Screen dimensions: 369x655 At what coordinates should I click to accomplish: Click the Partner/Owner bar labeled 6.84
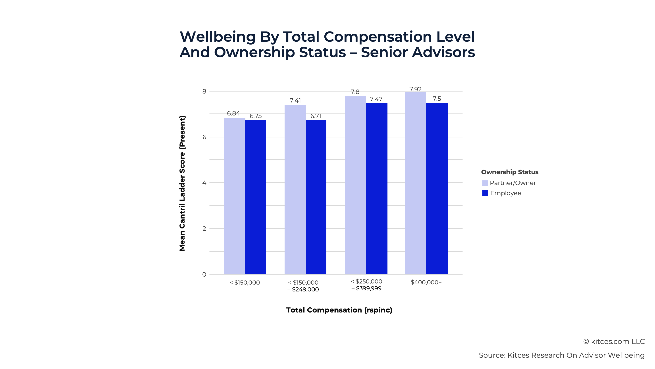[234, 196]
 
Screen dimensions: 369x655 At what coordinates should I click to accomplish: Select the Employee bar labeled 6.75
[255, 197]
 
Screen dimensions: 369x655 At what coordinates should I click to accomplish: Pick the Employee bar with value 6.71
[316, 197]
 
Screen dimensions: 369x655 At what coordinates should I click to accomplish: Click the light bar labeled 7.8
[355, 185]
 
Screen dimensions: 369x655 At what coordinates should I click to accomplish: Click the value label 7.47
[376, 99]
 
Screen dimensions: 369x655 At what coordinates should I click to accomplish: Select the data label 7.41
[295, 101]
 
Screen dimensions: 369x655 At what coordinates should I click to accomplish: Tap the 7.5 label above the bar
[437, 99]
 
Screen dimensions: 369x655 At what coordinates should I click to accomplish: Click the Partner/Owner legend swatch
[485, 183]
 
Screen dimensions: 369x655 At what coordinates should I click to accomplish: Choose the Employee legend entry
[505, 193]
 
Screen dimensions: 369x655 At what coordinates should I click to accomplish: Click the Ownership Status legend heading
[510, 172]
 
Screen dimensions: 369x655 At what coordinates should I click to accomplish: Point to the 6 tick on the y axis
[204, 137]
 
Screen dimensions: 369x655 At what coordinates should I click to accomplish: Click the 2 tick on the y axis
[204, 228]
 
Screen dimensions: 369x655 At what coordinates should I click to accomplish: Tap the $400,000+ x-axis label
[426, 282]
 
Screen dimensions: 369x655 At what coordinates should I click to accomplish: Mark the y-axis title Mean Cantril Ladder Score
[182, 183]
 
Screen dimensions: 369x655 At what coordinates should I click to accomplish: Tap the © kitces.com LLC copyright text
[614, 342]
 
